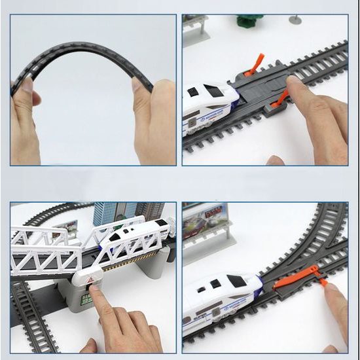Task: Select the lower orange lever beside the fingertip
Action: (x=281, y=98)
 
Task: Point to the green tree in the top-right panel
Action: (x=249, y=21)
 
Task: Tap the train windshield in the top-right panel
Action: (x=213, y=91)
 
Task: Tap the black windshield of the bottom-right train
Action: (x=235, y=281)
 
